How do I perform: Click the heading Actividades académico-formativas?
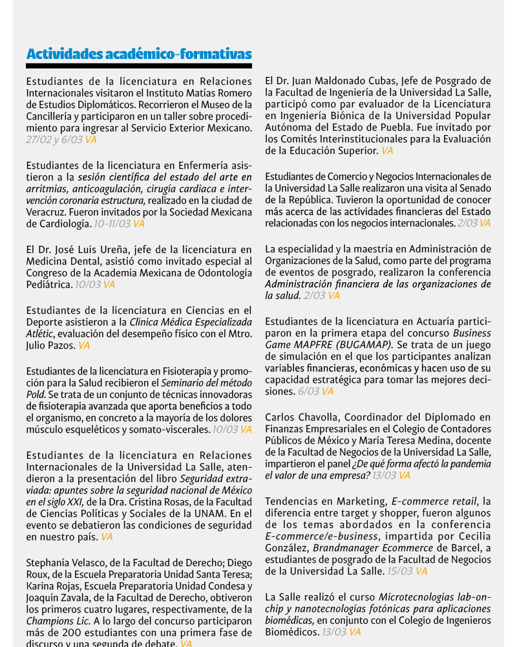[139, 54]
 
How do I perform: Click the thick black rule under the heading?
[139, 66]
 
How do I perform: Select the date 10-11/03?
[112, 224]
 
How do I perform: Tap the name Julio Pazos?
[50, 345]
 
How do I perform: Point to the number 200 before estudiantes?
[69, 632]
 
